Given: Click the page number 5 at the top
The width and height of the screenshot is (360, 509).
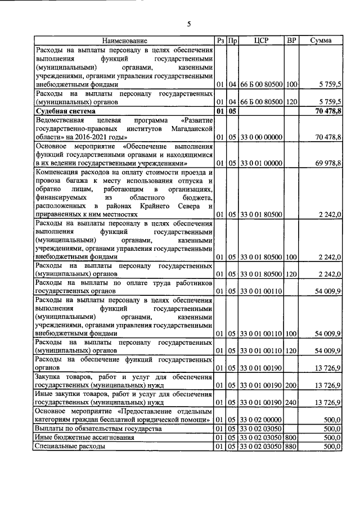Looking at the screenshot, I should (189, 24).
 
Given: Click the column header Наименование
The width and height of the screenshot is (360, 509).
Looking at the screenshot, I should (125, 40).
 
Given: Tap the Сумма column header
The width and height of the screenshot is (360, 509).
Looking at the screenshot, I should (321, 40).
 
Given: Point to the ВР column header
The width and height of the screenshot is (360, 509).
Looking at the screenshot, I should (291, 40).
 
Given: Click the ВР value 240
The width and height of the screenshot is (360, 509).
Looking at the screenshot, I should (291, 403).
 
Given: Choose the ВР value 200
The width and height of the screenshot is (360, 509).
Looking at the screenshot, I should (291, 385).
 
